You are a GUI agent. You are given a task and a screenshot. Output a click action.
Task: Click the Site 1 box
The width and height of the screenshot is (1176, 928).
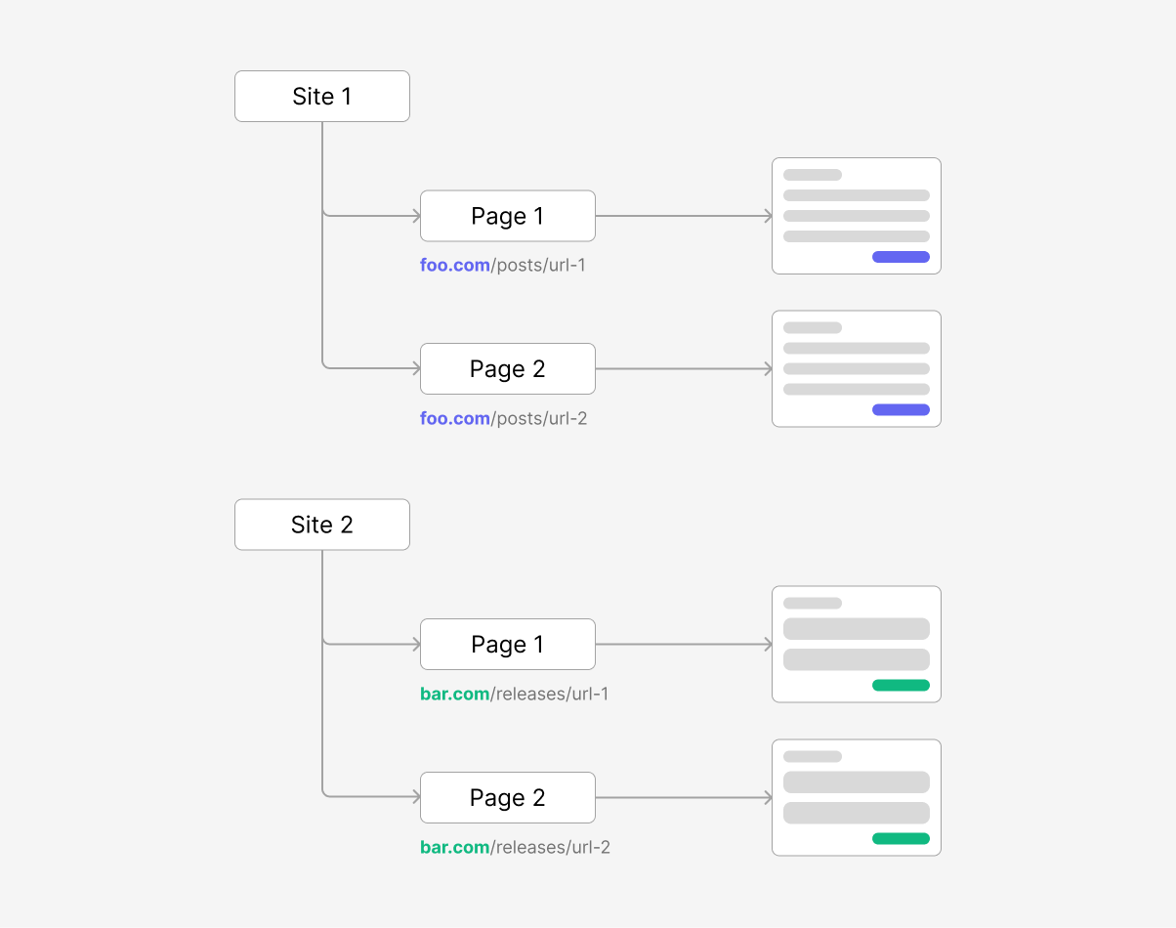tap(321, 96)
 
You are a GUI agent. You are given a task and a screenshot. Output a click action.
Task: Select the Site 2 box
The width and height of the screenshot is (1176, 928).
tap(321, 525)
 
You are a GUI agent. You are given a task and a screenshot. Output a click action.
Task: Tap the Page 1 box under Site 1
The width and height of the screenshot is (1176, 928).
tap(507, 216)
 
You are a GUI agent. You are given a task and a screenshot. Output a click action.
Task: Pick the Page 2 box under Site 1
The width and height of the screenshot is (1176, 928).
tap(507, 368)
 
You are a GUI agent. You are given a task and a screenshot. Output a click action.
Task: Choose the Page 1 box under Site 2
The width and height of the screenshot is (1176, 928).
tap(507, 645)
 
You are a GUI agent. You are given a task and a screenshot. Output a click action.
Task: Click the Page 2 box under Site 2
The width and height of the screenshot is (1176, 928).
tap(507, 797)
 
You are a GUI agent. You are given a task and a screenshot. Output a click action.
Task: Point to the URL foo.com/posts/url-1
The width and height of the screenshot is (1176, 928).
tap(503, 265)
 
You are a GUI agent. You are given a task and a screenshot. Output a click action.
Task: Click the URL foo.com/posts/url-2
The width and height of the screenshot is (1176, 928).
tap(503, 418)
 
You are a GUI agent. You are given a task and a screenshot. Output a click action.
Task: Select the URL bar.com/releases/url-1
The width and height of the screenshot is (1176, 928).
tap(515, 694)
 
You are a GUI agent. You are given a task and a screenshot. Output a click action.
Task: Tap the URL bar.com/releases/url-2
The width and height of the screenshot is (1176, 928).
tap(515, 847)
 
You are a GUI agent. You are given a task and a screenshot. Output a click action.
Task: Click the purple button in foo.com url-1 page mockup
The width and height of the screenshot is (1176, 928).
tap(901, 257)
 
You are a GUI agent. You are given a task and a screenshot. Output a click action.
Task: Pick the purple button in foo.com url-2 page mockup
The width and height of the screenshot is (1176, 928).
tap(901, 410)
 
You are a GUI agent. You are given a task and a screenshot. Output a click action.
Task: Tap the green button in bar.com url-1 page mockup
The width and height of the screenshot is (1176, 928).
tap(901, 686)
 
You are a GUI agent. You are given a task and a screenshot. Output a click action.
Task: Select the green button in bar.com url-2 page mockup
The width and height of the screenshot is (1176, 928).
tap(901, 838)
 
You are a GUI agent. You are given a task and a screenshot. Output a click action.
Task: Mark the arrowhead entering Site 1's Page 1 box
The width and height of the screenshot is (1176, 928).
tap(416, 216)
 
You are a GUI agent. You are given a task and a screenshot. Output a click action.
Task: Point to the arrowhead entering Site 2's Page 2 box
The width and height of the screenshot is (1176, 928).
tap(416, 797)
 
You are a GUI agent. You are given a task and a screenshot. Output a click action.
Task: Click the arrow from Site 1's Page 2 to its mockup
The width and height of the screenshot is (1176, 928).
tap(684, 368)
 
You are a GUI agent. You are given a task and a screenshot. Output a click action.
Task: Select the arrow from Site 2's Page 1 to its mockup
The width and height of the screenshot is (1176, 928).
tap(684, 645)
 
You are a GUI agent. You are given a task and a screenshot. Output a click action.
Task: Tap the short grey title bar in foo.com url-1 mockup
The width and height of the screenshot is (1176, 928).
tap(812, 175)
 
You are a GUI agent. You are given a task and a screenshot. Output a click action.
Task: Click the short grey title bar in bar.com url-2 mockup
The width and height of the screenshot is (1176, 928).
tap(812, 756)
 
